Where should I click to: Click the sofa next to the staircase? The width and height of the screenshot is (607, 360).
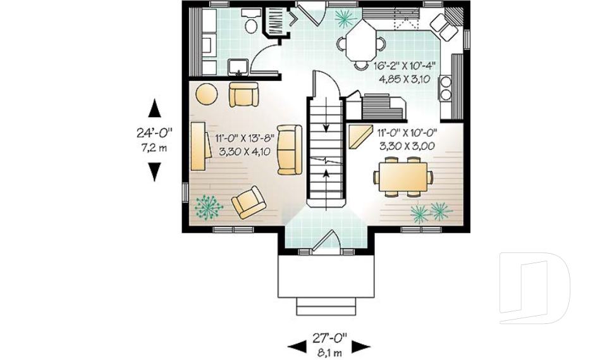290,150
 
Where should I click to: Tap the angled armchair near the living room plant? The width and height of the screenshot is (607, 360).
249,202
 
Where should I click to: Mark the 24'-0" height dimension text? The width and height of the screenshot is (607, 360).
154,134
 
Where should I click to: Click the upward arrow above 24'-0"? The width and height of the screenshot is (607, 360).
154,109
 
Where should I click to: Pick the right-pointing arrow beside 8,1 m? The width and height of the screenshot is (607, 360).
360,346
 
